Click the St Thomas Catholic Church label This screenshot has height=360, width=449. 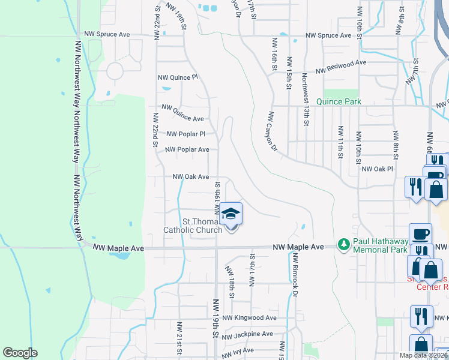193,226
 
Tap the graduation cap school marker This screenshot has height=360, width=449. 231,214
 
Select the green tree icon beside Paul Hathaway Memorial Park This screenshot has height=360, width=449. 343,244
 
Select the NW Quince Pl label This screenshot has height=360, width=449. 177,77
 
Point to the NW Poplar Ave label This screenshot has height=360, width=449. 187,149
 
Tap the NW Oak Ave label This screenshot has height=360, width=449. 191,177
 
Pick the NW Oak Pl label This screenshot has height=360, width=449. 377,169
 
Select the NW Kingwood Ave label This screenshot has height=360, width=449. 249,318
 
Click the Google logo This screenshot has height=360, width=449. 20,353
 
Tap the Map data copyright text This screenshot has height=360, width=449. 423,355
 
